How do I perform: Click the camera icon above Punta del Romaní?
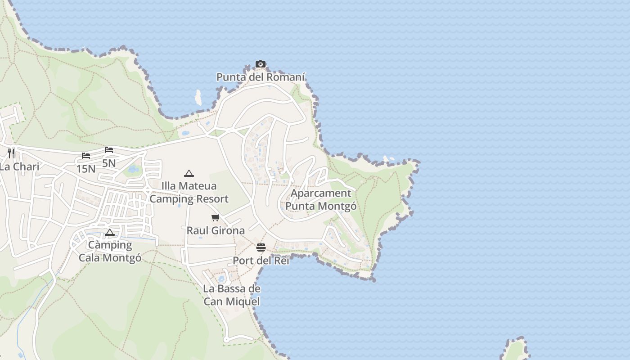click(x=261, y=64)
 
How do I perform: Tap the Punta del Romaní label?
click(x=261, y=77)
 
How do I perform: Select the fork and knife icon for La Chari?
click(x=11, y=153)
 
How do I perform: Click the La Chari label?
click(x=19, y=166)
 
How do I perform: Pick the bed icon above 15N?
click(x=86, y=156)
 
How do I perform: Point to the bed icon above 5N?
click(x=109, y=150)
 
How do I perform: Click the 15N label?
click(x=86, y=169)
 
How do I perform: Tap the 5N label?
click(x=109, y=163)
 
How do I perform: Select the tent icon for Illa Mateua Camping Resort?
click(x=189, y=173)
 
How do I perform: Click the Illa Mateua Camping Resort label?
click(x=189, y=192)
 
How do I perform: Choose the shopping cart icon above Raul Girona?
click(x=216, y=218)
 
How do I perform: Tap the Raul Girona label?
click(x=216, y=230)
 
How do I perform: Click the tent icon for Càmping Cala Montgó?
click(x=110, y=233)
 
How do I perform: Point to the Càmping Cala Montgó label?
click(x=110, y=251)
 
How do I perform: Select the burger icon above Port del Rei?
click(x=261, y=247)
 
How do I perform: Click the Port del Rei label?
click(x=261, y=261)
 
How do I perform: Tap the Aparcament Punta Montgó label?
click(x=321, y=200)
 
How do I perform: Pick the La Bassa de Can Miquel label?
click(x=232, y=295)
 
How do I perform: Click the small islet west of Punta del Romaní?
click(x=198, y=97)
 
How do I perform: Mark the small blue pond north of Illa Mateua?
click(x=133, y=169)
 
